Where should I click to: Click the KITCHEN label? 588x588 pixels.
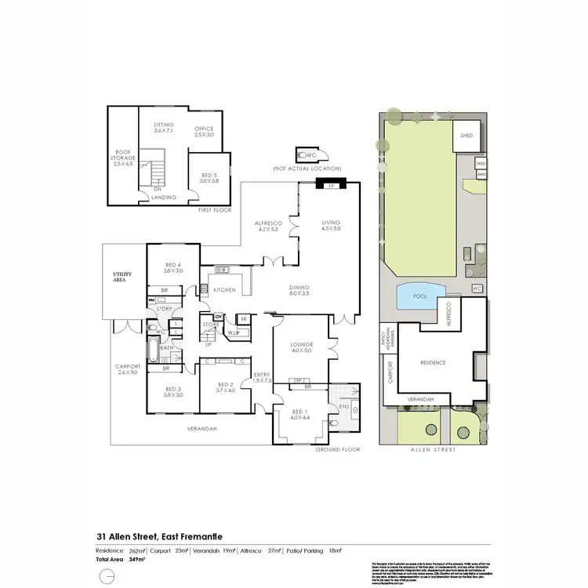225,290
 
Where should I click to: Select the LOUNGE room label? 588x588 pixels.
302,347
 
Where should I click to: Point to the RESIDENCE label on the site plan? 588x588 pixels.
433,363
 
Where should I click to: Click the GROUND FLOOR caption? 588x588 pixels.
338,451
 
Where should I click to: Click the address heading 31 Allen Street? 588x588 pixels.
158,535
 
